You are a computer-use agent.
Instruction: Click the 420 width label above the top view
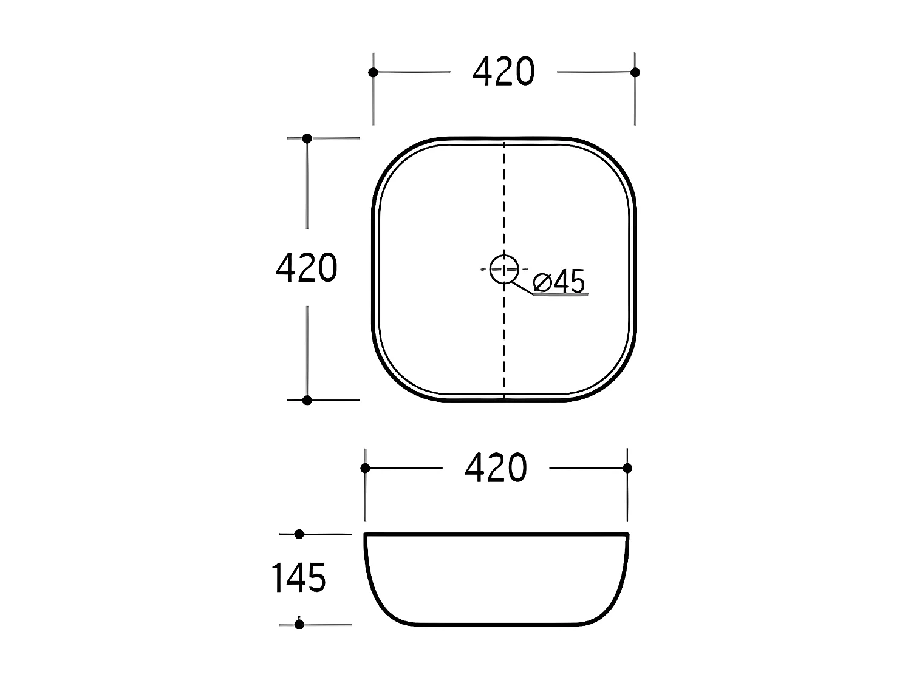503,72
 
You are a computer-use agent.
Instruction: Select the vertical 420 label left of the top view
306,268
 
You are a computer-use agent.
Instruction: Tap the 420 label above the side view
496,468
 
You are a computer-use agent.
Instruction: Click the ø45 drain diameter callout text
559,282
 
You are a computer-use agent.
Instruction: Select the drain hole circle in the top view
504,268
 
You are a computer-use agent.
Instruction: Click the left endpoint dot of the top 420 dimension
373,72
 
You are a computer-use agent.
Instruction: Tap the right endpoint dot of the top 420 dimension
635,72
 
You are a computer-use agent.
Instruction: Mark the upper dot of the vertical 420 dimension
307,138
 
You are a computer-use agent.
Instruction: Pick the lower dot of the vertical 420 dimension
307,400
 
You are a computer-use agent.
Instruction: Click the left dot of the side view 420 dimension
365,468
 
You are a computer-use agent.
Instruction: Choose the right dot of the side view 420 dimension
627,468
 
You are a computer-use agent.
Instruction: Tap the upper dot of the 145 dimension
299,534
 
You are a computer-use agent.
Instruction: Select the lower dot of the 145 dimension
299,624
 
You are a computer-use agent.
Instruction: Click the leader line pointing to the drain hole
522,288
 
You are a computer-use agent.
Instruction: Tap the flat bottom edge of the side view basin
496,625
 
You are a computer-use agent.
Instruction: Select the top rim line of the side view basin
496,534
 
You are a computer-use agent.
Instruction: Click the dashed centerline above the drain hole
504,200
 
